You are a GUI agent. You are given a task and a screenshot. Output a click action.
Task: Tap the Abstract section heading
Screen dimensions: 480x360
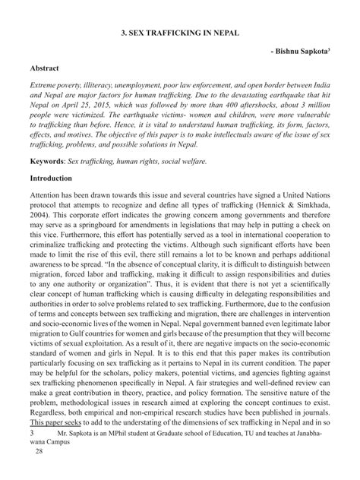(43, 67)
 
